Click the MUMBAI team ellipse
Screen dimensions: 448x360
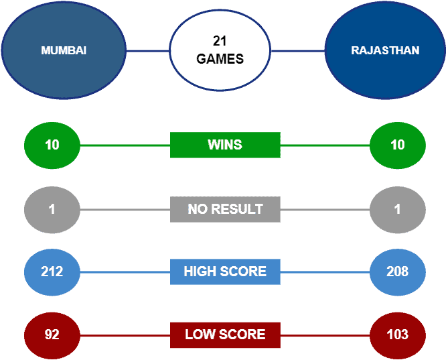[x=64, y=50]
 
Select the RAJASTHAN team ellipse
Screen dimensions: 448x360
[x=385, y=50]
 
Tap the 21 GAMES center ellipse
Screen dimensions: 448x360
[x=220, y=50]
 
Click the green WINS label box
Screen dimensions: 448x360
[x=225, y=145]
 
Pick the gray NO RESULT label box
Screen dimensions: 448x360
[x=225, y=209]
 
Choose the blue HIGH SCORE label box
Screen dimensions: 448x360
[x=225, y=272]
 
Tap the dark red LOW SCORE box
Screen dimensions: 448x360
[x=225, y=335]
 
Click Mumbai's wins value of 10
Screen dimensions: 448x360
[x=52, y=145]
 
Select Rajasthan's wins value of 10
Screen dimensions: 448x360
[x=398, y=145]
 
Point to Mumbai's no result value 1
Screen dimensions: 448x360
[x=52, y=209]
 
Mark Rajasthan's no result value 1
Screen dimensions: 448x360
[x=398, y=209]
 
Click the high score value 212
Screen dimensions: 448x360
[x=52, y=272]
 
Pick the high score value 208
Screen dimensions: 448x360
[x=398, y=272]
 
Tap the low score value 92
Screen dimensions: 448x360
[x=52, y=335]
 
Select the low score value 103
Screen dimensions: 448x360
[x=398, y=335]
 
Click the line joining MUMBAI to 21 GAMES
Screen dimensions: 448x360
[x=148, y=51]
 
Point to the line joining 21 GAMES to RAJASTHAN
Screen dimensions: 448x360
[x=298, y=51]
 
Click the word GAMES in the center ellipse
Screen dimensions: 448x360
[x=220, y=59]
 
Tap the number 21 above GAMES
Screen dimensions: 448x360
[x=220, y=41]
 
